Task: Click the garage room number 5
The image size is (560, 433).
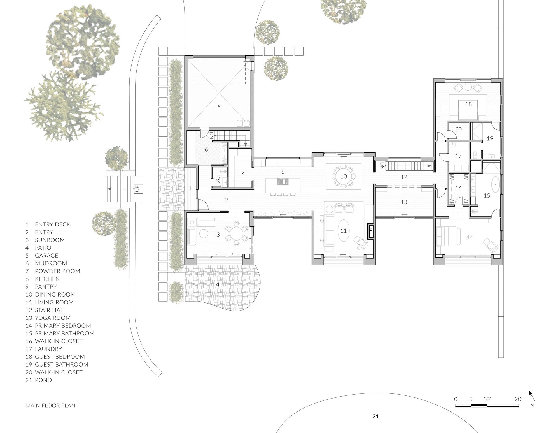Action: pos(219,107)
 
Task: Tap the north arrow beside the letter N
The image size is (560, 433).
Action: pos(532,396)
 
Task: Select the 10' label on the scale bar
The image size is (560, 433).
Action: pos(487,399)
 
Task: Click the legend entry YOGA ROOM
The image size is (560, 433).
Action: pos(53,318)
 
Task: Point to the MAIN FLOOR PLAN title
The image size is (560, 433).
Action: pos(50,406)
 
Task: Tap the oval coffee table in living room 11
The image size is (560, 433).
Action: pos(344,230)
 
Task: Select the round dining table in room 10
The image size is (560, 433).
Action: pos(344,176)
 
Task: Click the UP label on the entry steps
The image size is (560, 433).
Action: pos(137,188)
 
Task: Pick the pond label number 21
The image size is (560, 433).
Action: pos(375,416)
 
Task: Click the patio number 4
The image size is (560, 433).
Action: pos(218,284)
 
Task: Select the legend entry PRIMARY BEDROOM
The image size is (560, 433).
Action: pos(63,326)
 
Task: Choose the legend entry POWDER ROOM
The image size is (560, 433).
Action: pos(57,271)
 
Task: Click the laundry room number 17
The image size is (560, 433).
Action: pos(458,156)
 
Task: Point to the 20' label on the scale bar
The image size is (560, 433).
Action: pos(518,399)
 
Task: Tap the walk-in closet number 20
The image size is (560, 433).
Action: pos(458,129)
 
